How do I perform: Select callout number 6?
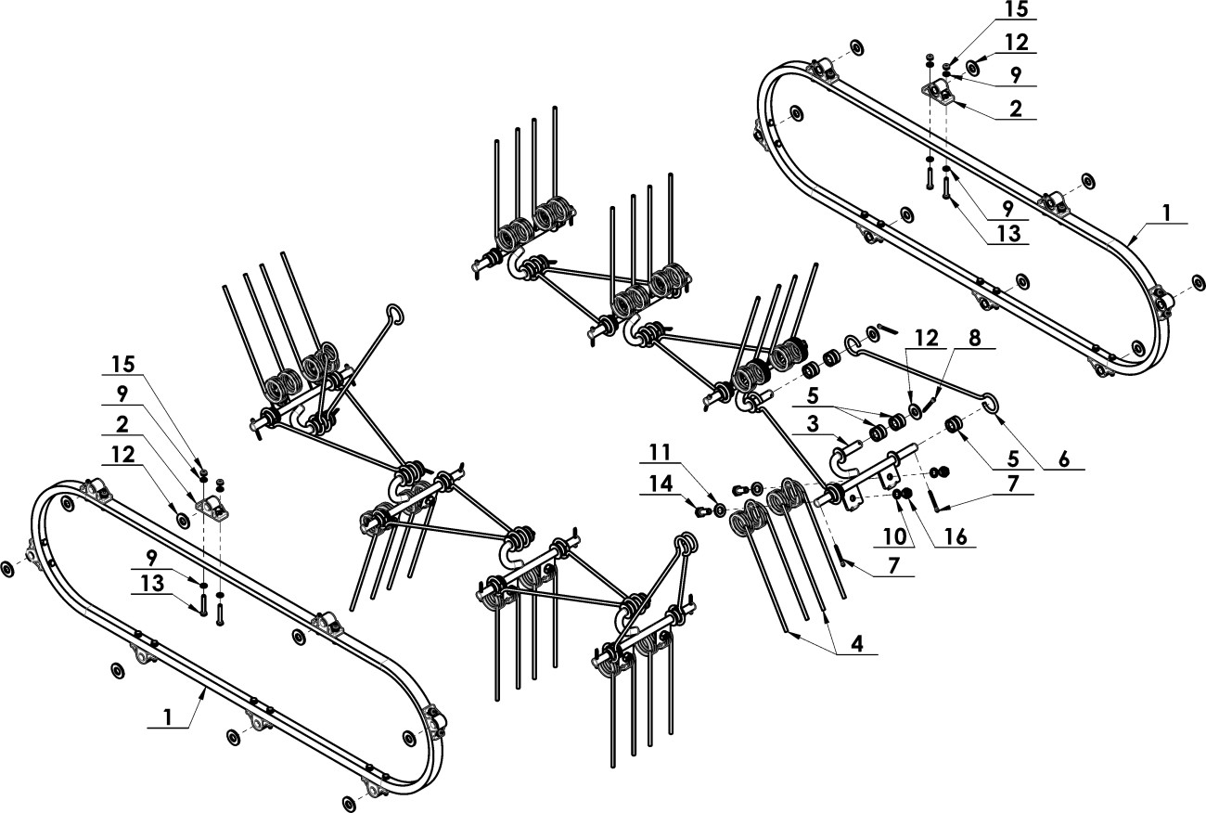pos(1062,458)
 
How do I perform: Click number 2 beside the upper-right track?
pos(1016,109)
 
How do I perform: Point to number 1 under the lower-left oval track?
pos(168,717)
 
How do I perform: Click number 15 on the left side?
pos(124,363)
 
